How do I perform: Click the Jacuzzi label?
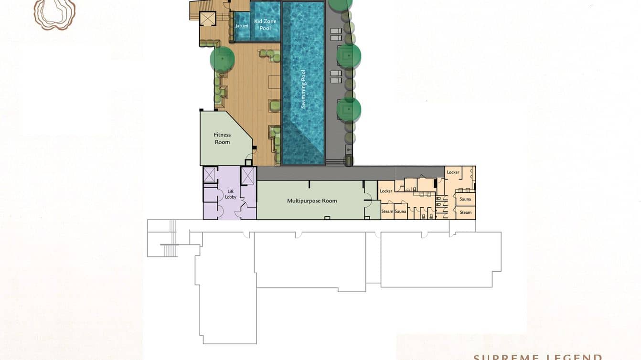pyautogui.click(x=242, y=26)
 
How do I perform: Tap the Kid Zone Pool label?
pyautogui.click(x=265, y=25)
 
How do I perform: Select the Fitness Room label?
pyautogui.click(x=222, y=138)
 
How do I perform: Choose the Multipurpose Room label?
pyautogui.click(x=312, y=201)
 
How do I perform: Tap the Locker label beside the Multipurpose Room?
pyautogui.click(x=386, y=191)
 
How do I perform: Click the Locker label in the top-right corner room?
pyautogui.click(x=453, y=172)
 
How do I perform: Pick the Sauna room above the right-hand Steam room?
pyautogui.click(x=465, y=199)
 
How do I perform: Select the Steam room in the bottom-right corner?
pyautogui.click(x=465, y=212)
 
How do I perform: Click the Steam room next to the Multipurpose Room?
pyautogui.click(x=387, y=212)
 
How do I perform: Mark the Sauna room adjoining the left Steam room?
pyautogui.click(x=401, y=212)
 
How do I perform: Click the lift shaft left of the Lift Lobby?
pyautogui.click(x=210, y=175)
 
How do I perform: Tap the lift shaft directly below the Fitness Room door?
pyautogui.click(x=248, y=175)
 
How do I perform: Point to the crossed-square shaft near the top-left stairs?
pyautogui.click(x=208, y=19)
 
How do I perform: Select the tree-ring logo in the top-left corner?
pyautogui.click(x=54, y=13)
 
